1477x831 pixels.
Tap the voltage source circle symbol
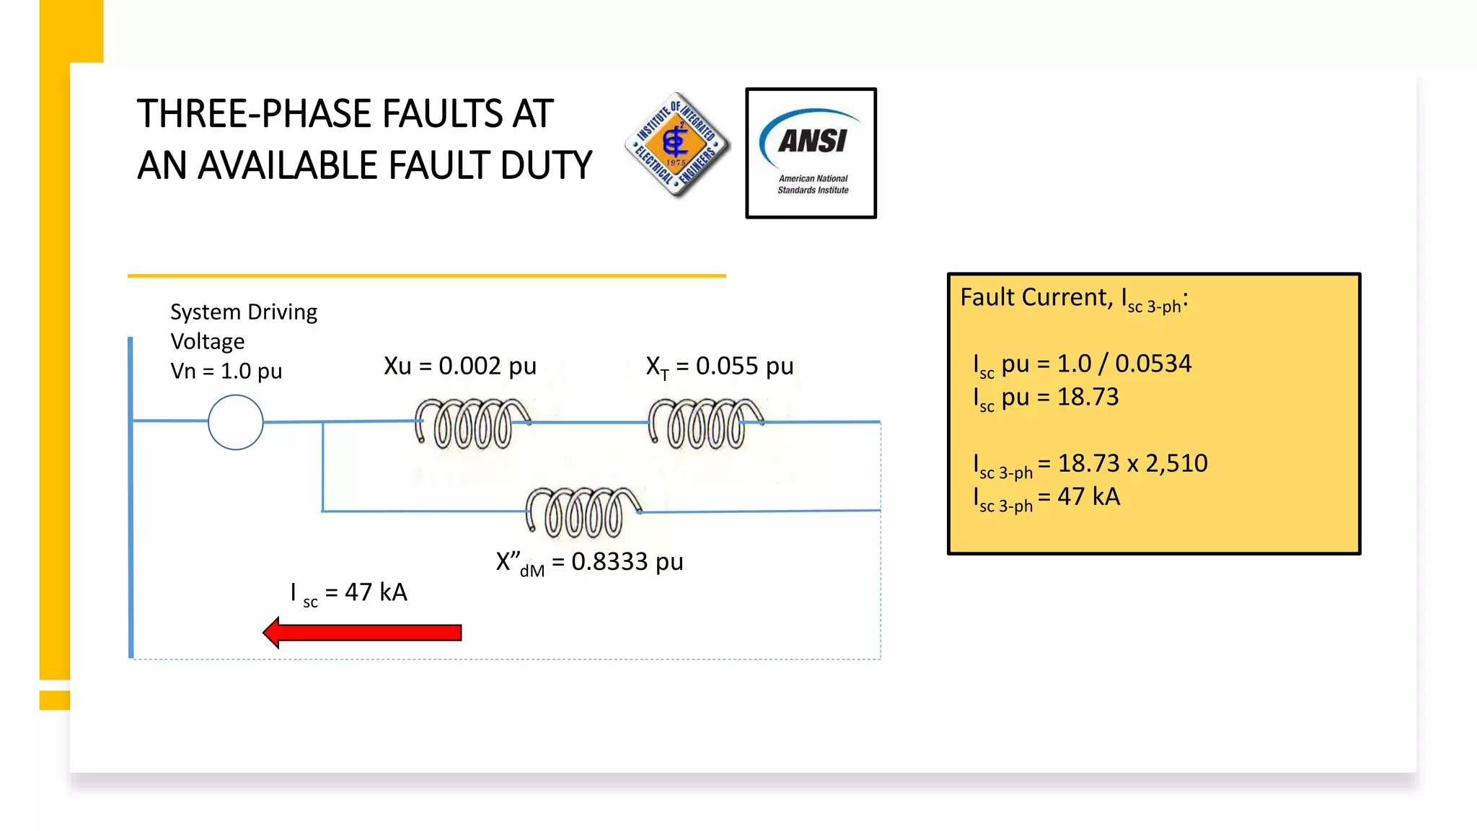[235, 422]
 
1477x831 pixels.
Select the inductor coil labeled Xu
[472, 424]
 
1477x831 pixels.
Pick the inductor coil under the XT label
[705, 424]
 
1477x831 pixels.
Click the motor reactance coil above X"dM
[583, 512]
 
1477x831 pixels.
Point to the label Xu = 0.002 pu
[460, 366]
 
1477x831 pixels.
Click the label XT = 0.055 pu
[719, 367]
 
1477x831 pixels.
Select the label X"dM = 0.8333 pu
[589, 563]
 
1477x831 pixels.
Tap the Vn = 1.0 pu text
[226, 371]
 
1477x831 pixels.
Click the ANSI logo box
[811, 153]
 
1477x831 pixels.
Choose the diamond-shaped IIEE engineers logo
[676, 144]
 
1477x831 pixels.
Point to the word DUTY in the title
[545, 166]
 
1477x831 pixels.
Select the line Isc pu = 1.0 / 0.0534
[1082, 364]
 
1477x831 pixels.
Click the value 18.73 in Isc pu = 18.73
[1088, 397]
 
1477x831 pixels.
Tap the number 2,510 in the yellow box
[1176, 463]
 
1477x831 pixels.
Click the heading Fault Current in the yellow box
[1033, 297]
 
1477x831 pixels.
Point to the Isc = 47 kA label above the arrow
[349, 593]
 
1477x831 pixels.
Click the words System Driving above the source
[244, 312]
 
